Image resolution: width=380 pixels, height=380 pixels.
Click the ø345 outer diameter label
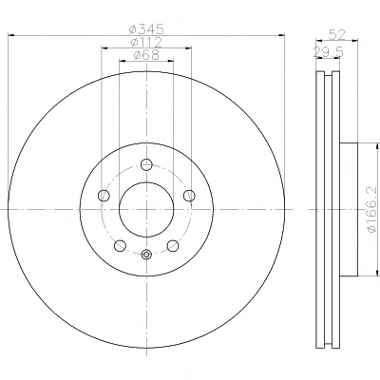pos(147,29)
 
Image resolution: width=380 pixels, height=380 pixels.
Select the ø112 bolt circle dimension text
pos(146,42)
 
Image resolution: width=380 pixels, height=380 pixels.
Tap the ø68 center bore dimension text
pos(146,55)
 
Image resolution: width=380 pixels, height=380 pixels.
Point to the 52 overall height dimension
pos(337,34)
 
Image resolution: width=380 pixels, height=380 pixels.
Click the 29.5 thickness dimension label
pos(329,52)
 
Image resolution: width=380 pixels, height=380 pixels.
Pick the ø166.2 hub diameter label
pos(372,210)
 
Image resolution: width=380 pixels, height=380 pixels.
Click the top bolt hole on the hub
pos(146,164)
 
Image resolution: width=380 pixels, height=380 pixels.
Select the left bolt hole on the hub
pos(104,196)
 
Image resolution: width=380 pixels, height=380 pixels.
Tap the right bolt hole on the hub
pos(189,196)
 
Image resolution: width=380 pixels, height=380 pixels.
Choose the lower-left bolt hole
pos(120,245)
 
